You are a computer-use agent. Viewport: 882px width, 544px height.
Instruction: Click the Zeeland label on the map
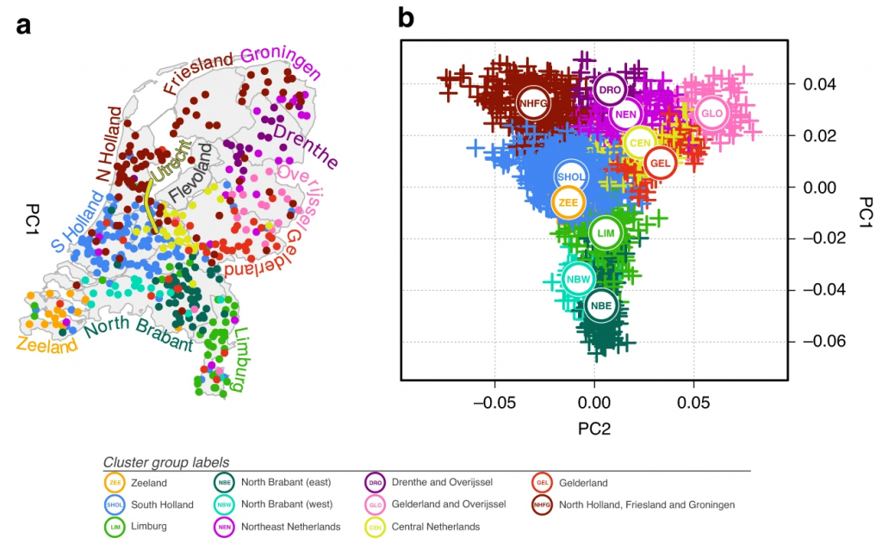point(47,344)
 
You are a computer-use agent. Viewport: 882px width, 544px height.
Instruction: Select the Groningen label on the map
point(281,65)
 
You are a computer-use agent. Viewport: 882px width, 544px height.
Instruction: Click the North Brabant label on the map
point(139,336)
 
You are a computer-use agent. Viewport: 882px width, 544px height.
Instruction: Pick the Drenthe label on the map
point(306,145)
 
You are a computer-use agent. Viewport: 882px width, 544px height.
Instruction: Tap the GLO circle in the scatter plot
point(711,113)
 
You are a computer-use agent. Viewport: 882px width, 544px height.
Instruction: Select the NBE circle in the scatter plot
point(602,305)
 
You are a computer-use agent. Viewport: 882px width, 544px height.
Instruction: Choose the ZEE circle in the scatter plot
point(568,202)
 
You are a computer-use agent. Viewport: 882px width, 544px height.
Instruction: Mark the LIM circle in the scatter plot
point(606,232)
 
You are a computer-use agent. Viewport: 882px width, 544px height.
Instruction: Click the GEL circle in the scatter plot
point(661,163)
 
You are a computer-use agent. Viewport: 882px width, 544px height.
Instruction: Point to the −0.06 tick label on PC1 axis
point(820,342)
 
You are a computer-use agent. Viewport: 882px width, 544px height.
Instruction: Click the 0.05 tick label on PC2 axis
point(693,402)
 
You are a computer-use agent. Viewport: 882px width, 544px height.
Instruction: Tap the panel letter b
point(407,17)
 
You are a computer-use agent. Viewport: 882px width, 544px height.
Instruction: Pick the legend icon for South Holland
point(115,504)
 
